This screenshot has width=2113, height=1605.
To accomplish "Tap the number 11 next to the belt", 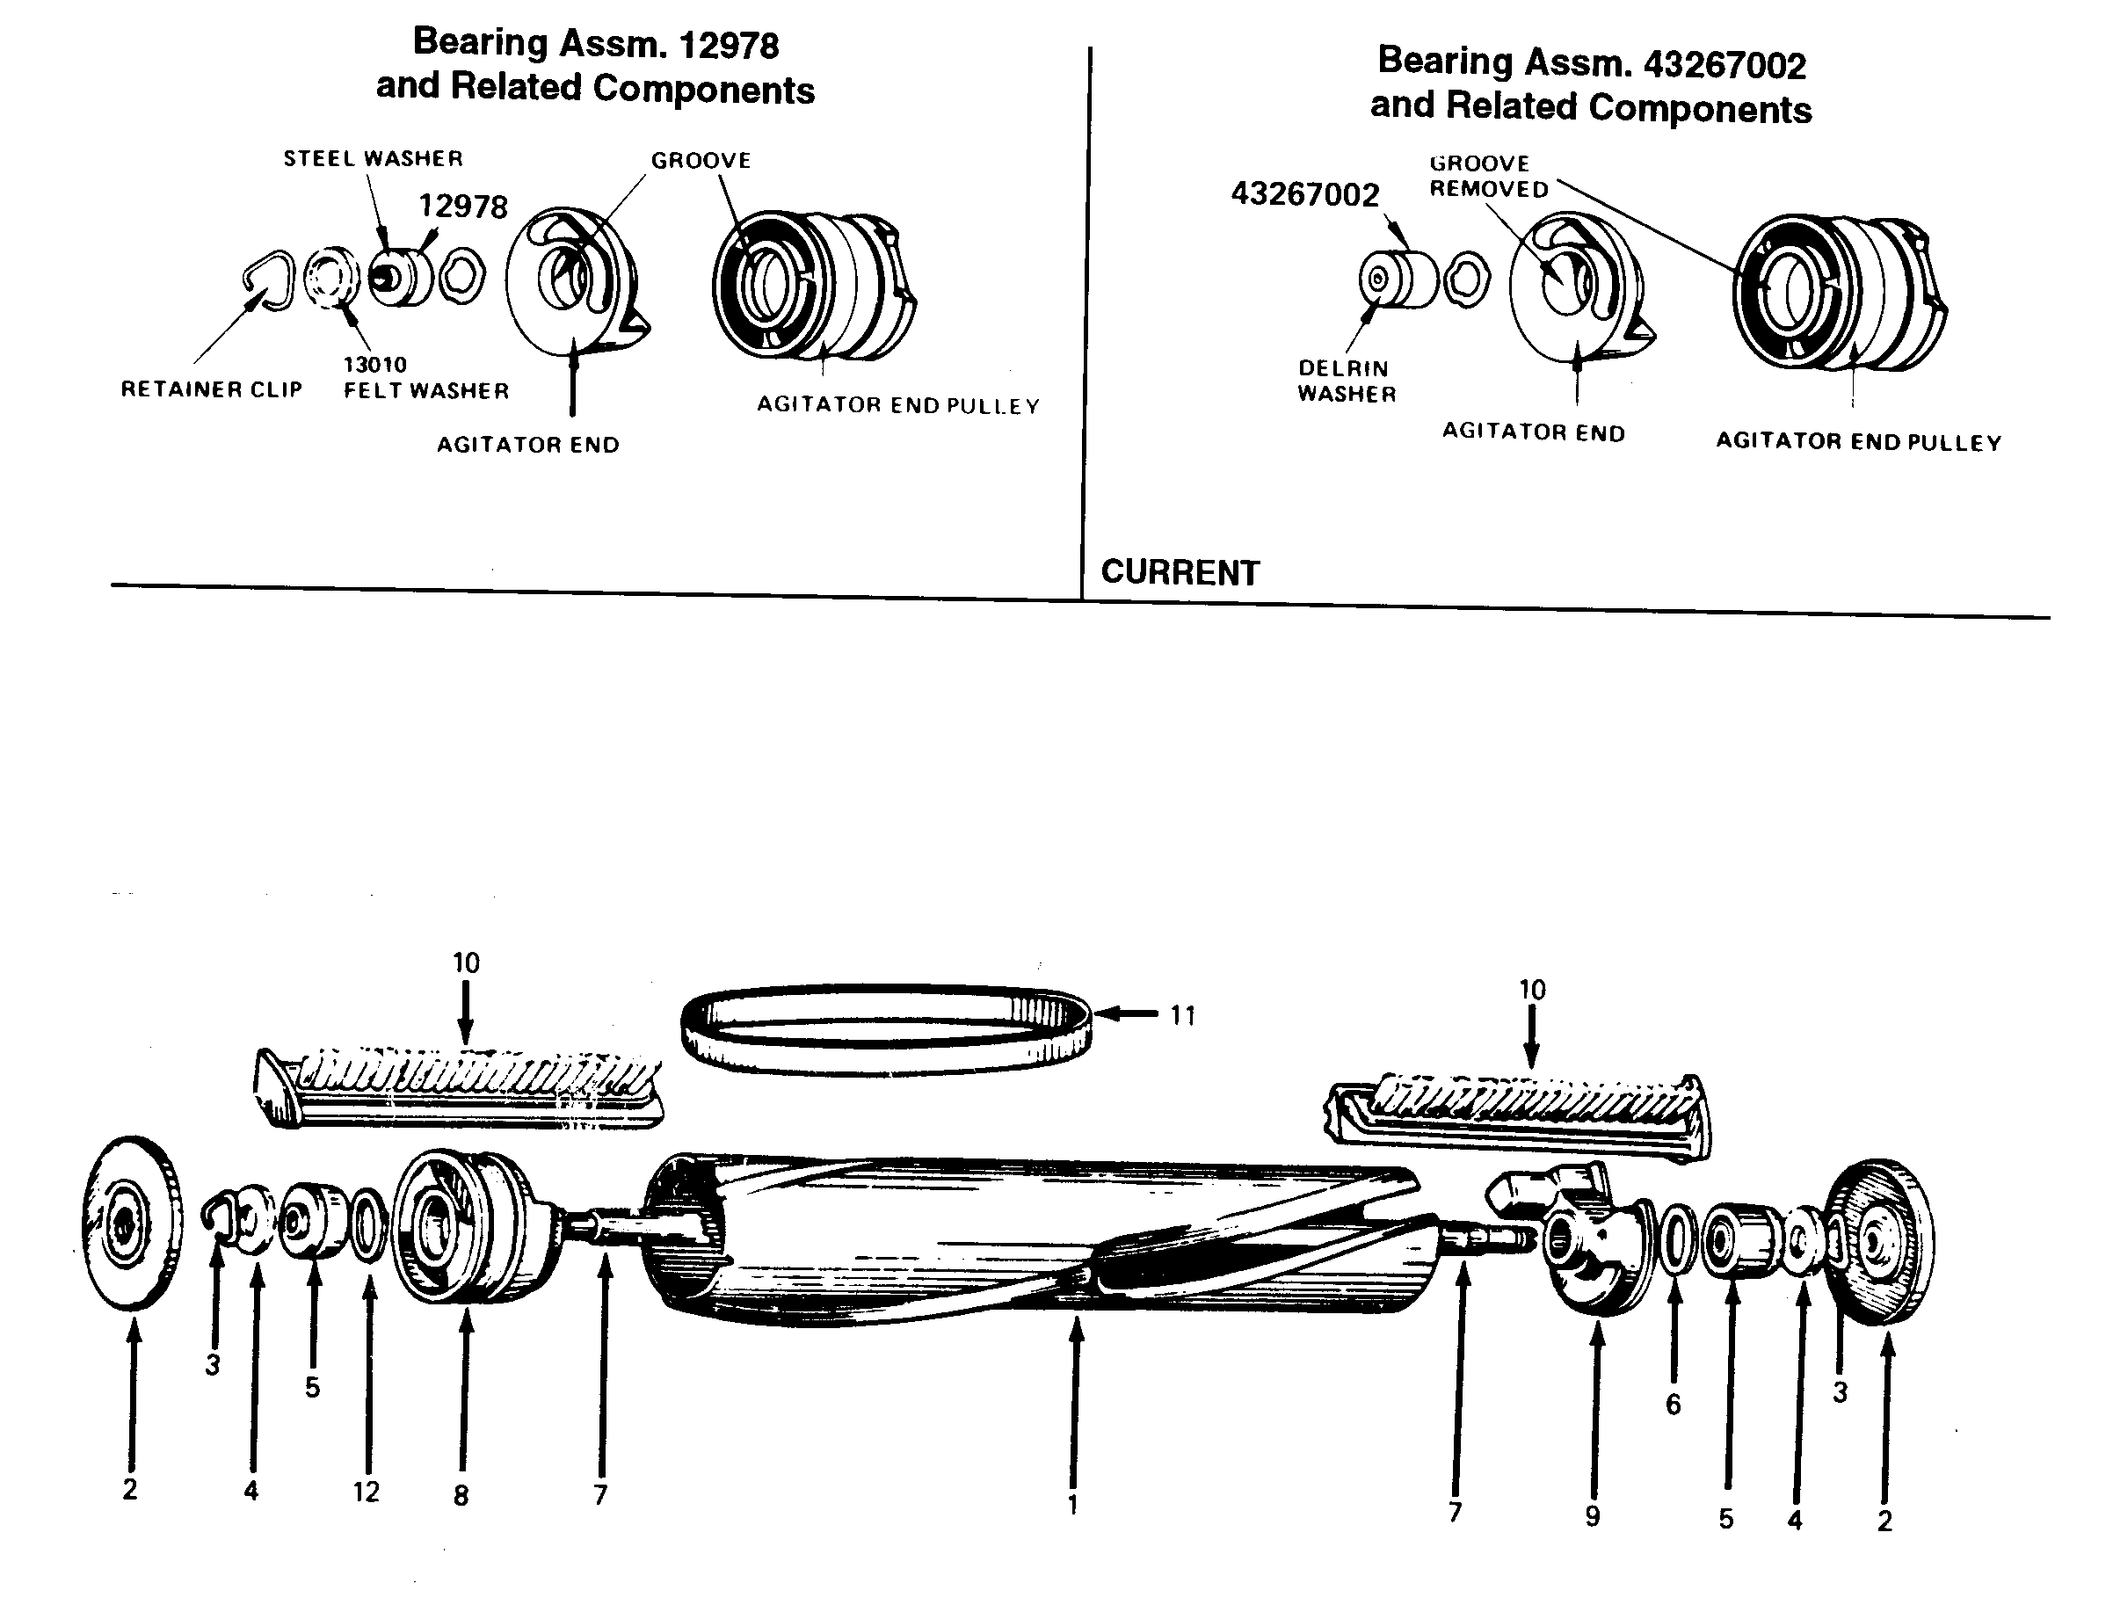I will coord(1182,1015).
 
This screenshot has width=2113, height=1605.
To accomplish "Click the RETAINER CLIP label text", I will coord(211,389).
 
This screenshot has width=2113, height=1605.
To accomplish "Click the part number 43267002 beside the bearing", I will coord(1305,194).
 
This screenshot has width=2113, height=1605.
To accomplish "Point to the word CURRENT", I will coord(1180,572).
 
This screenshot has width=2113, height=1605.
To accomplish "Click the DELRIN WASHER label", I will coord(1346,381).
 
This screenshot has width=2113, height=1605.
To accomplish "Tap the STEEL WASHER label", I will coord(373,158).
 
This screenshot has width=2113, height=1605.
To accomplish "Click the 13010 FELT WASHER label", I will coord(426,378).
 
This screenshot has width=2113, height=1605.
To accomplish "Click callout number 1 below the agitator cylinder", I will coord(1072,1505).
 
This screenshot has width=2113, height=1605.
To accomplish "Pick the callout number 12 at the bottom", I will coord(366,1492).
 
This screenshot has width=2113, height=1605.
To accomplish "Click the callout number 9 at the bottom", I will coord(1593,1516).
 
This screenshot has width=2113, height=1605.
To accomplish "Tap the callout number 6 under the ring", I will coord(1673,1405).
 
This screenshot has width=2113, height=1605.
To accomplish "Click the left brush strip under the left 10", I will coord(459,1089).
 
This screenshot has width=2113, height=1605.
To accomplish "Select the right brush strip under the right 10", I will coord(1519,1113).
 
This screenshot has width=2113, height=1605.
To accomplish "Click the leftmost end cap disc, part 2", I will coord(132,1224).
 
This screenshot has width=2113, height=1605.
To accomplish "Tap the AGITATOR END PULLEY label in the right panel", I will coord(1858,442).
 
